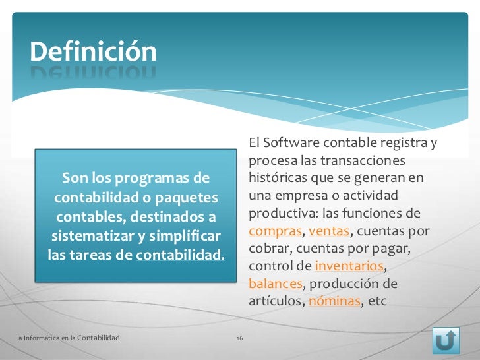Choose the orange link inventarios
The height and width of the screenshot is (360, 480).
(x=349, y=267)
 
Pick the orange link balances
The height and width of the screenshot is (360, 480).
(x=275, y=284)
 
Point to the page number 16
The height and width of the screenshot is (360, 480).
(x=239, y=338)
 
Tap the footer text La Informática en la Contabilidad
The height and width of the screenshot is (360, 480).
(x=67, y=338)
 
